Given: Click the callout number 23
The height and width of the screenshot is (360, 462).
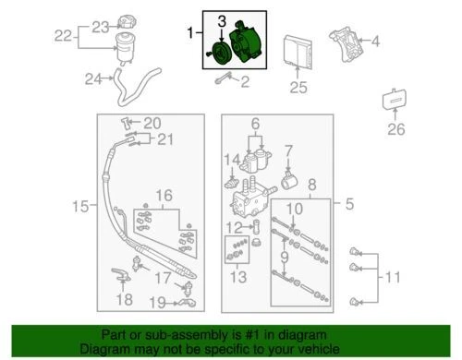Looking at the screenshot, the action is pyautogui.click(x=98, y=24).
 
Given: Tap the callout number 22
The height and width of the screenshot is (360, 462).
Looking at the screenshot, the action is pyautogui.click(x=63, y=36).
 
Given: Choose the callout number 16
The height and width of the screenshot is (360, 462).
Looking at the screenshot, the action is pyautogui.click(x=164, y=195).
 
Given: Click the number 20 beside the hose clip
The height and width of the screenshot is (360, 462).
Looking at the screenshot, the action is pyautogui.click(x=152, y=123).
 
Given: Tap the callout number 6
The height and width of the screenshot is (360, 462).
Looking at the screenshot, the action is pyautogui.click(x=254, y=123).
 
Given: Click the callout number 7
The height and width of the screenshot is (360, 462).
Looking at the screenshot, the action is pyautogui.click(x=288, y=149).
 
